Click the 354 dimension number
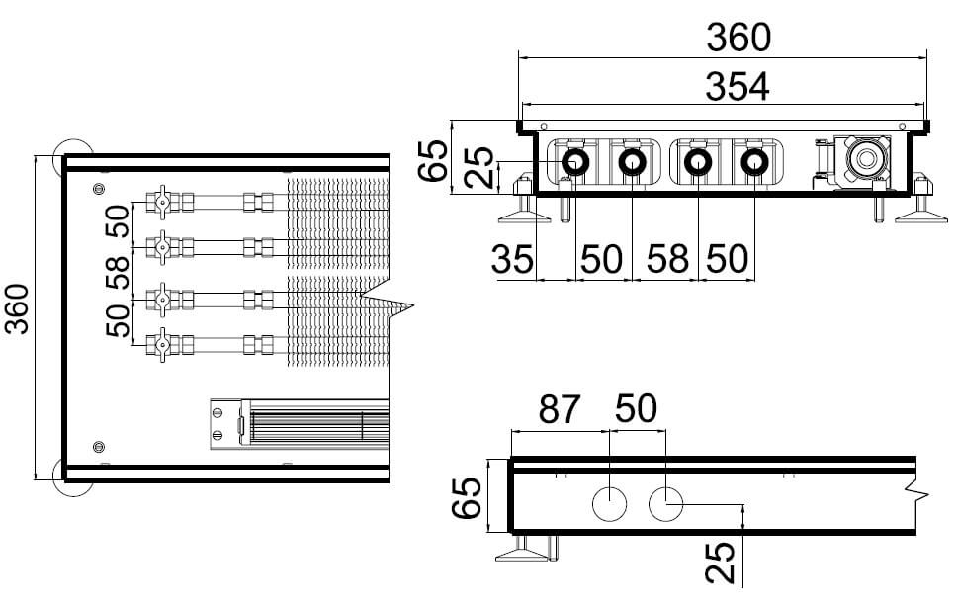click(738, 87)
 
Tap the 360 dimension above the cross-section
click(739, 38)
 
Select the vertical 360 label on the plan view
click(17, 309)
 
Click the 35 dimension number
click(512, 259)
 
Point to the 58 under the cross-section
click(667, 259)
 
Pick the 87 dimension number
click(559, 409)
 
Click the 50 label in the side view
click(636, 408)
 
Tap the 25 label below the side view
click(720, 563)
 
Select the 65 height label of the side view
click(467, 497)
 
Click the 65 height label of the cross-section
click(433, 160)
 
